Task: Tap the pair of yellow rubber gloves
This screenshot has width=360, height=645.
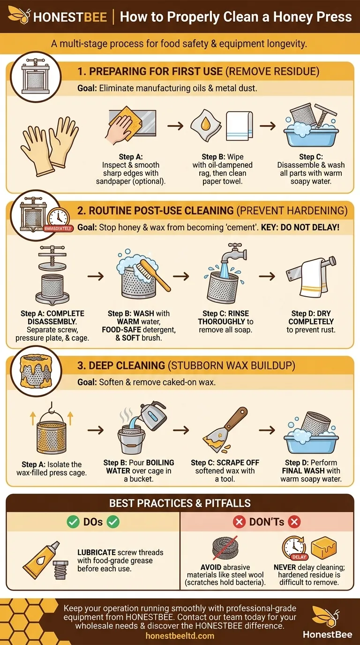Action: pos(50,145)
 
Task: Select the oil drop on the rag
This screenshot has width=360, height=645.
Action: pos(205,124)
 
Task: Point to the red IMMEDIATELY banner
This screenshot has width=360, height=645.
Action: pos(58,228)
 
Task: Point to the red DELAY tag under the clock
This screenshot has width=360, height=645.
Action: pos(299,557)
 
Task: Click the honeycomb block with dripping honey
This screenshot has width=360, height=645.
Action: pos(324,547)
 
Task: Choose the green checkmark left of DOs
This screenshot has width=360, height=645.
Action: pos(73,521)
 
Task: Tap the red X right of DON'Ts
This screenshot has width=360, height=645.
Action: pos(294,522)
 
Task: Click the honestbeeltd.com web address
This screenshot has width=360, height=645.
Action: pos(180,636)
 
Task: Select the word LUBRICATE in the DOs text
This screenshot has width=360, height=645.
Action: pos(97,552)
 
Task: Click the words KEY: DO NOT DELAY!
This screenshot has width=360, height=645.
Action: pos(300,227)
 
